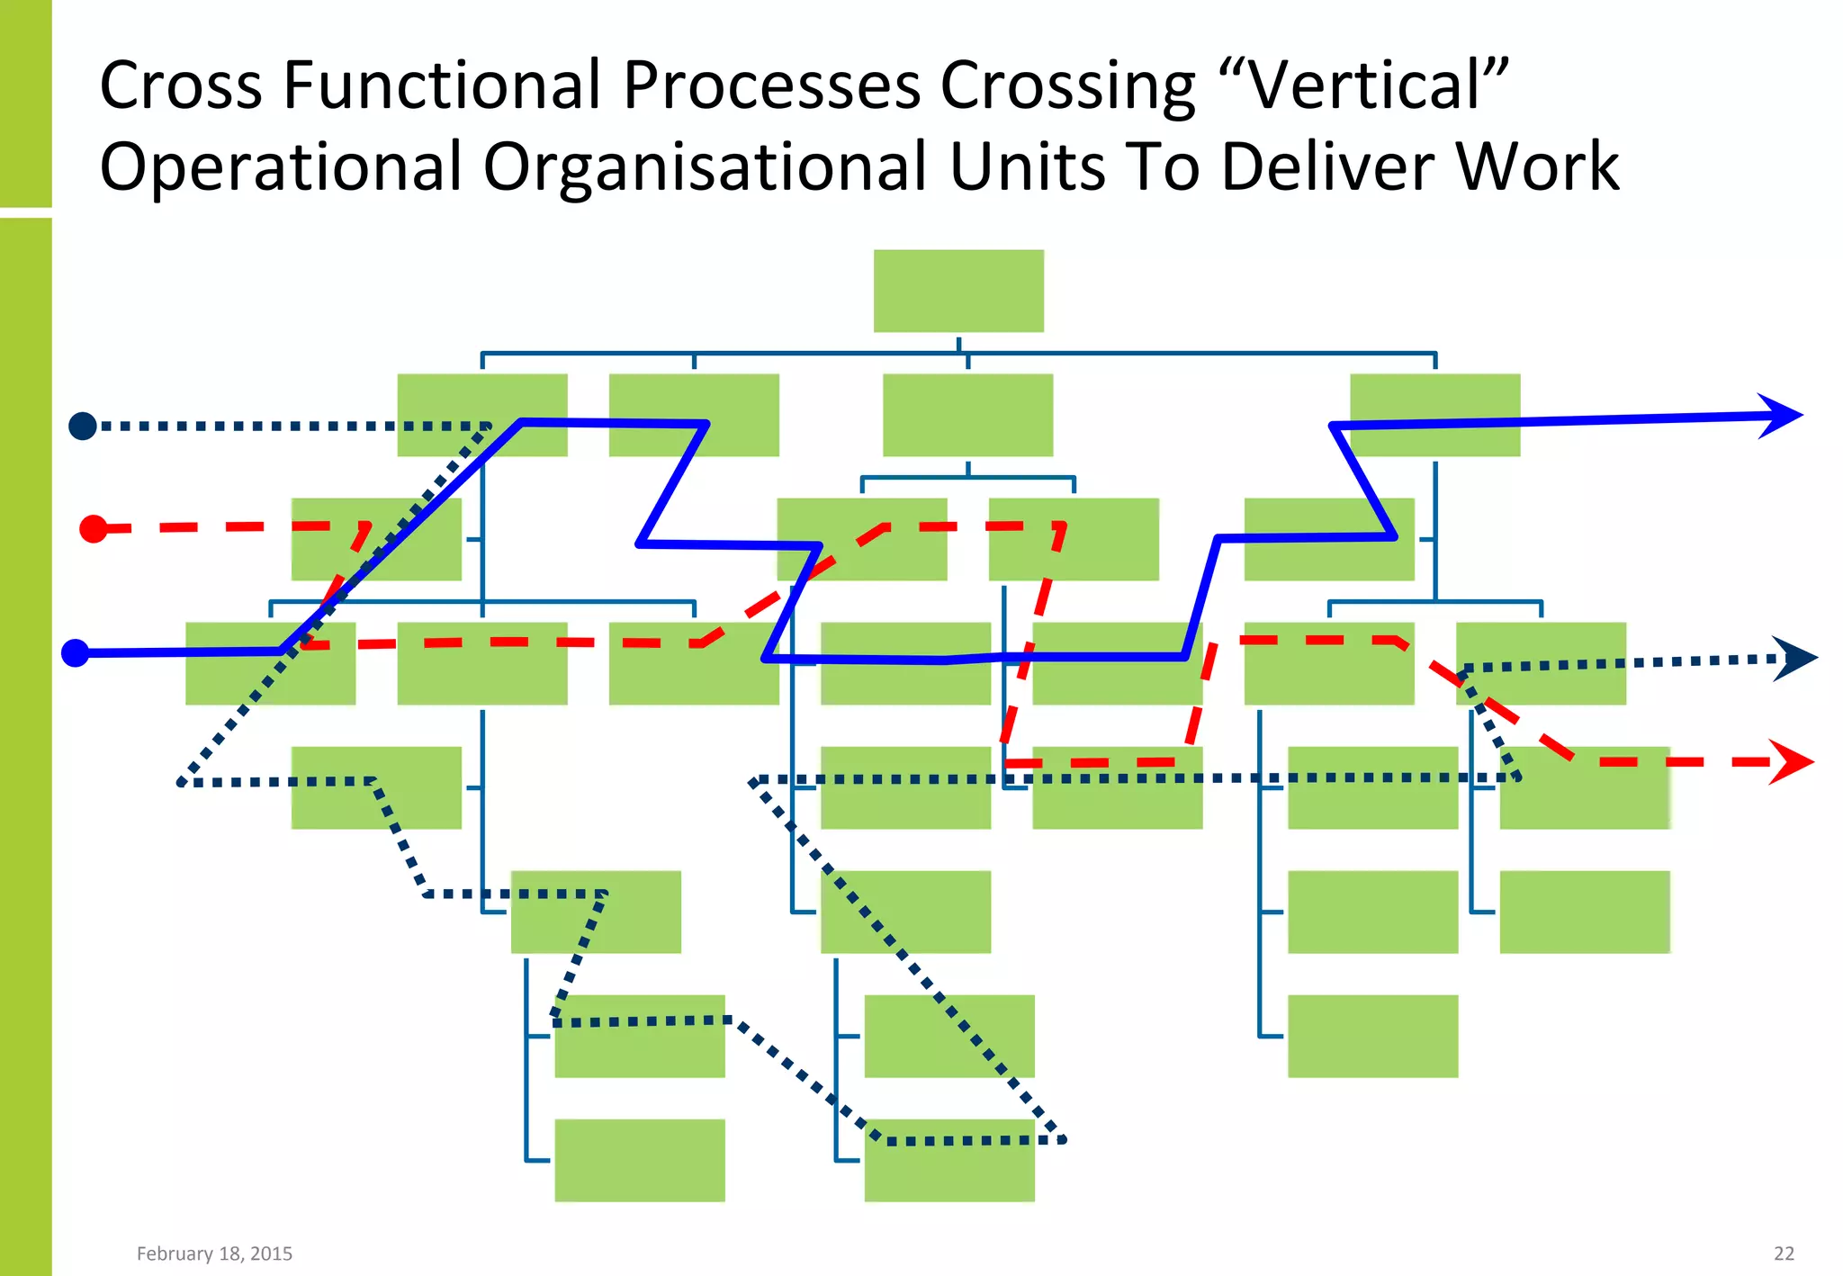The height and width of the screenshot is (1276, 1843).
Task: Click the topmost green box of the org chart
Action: pos(958,291)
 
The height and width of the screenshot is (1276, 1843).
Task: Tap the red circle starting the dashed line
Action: pos(94,528)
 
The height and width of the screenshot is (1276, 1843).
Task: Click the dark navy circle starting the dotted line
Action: pos(83,426)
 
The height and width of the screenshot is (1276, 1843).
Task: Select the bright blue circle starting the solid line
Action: pos(76,652)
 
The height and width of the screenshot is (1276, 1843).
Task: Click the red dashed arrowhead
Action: pos(1791,762)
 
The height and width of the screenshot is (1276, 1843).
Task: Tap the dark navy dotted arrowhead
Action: pos(1795,659)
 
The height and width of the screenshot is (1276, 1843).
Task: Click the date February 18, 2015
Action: pos(214,1254)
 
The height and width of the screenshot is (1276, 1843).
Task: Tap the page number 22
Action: pos(1784,1254)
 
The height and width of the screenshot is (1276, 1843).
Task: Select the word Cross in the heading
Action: pos(180,85)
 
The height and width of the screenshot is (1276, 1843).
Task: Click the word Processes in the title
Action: pos(772,85)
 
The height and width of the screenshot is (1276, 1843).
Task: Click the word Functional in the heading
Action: pos(441,85)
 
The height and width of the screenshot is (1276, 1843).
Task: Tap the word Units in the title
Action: pos(1028,167)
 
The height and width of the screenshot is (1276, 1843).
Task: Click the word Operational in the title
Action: pos(280,167)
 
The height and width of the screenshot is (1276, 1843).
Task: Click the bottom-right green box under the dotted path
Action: pos(949,1160)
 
